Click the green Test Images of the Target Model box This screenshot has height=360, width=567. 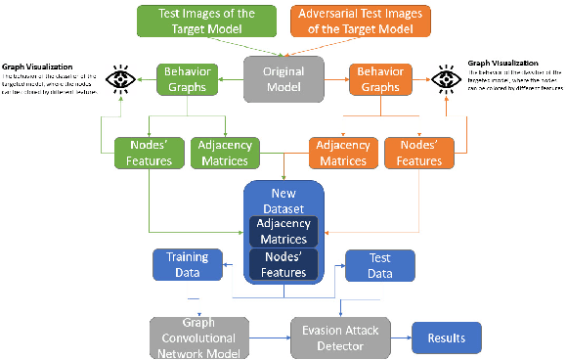coord(208,22)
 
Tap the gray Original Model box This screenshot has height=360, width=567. coord(283,79)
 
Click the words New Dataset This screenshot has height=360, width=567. coord(283,201)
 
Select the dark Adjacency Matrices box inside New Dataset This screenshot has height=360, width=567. coord(283,232)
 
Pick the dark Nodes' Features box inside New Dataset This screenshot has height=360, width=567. coord(283,265)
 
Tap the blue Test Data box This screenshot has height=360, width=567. coord(380,265)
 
